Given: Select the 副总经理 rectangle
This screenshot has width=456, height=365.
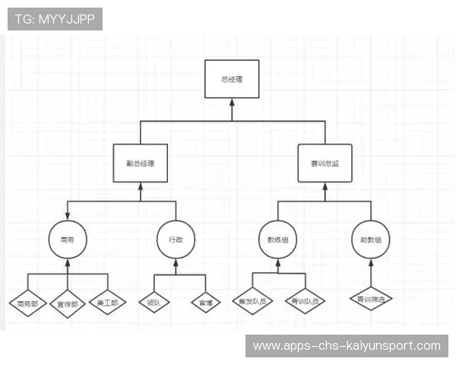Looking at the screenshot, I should click(x=141, y=163).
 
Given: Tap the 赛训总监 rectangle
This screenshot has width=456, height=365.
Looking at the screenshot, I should click(x=325, y=163).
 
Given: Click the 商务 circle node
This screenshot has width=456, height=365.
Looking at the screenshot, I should click(x=67, y=240).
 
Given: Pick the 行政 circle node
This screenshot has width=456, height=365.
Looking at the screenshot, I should click(x=176, y=240).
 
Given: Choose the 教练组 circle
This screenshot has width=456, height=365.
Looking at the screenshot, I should click(x=277, y=240).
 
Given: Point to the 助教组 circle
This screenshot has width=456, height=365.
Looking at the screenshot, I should click(x=371, y=240).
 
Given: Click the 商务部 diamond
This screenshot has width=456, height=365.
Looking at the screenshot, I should click(x=27, y=303).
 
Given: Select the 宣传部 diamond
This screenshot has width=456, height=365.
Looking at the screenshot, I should click(x=68, y=303).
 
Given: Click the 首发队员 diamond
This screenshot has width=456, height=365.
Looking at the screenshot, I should click(x=253, y=302).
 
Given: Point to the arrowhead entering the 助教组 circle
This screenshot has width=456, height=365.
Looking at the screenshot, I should click(x=371, y=263).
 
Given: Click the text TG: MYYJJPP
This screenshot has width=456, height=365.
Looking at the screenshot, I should click(x=55, y=18).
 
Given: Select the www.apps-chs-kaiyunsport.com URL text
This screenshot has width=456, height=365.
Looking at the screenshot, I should click(x=346, y=346).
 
